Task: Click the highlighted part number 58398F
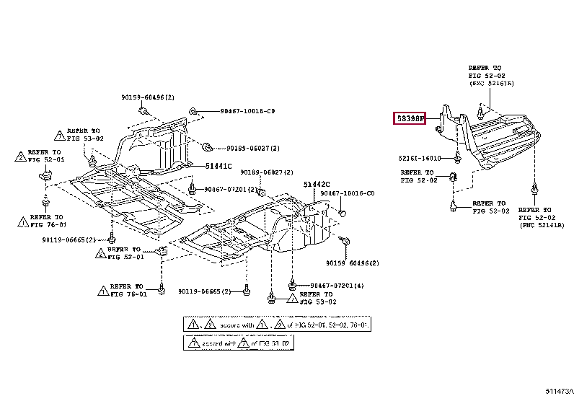pos(410,118)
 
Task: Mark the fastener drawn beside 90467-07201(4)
pos(293,283)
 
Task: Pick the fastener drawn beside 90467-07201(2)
pos(193,189)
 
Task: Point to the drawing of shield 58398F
pos(498,141)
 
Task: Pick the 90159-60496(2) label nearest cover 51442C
pos(350,263)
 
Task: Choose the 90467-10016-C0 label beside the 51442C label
pos(348,193)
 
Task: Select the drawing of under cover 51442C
pos(267,231)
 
